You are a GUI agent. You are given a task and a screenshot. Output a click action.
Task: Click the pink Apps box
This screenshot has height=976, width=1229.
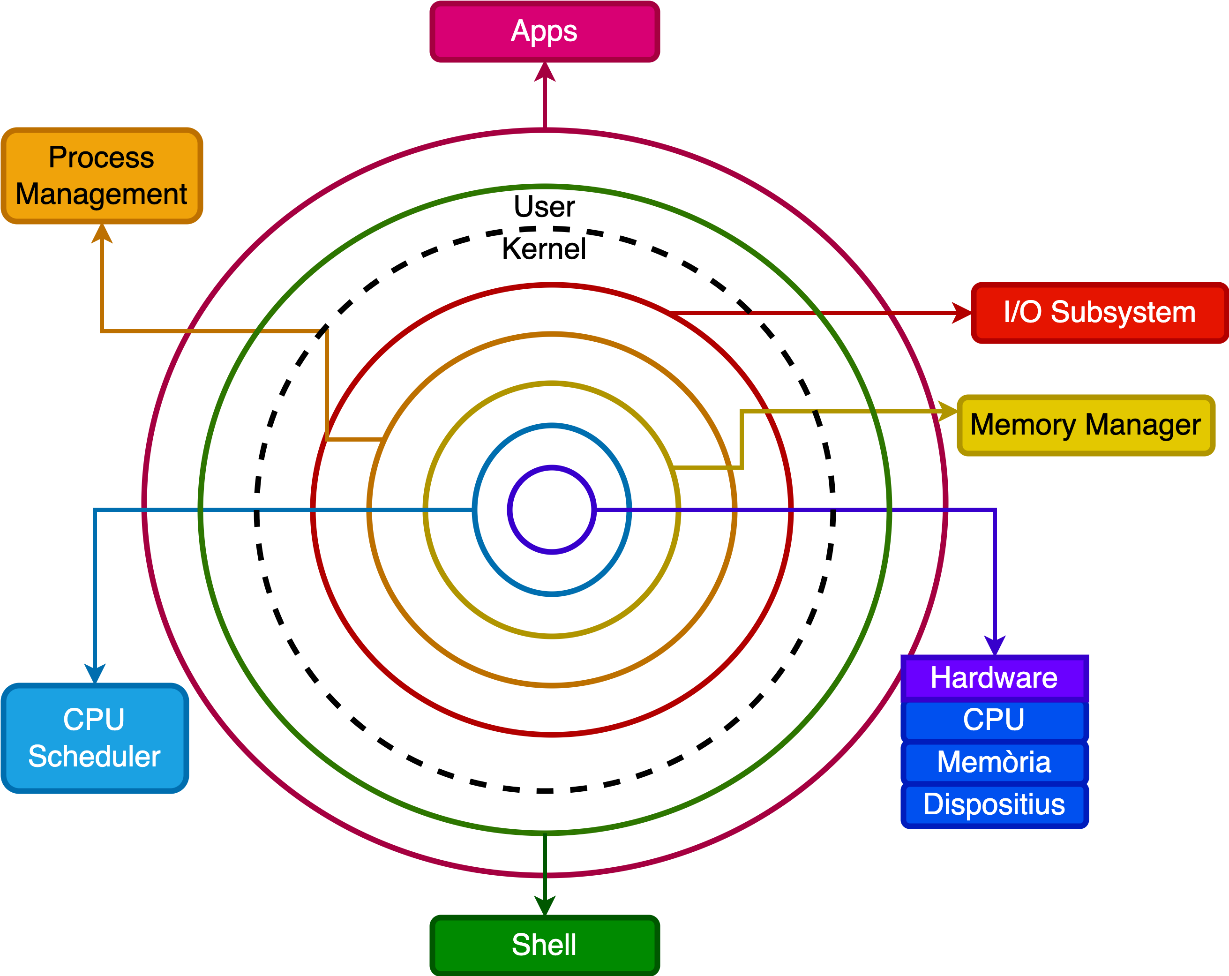(x=544, y=31)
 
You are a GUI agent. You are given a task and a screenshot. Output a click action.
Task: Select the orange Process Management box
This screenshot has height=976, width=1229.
(x=101, y=176)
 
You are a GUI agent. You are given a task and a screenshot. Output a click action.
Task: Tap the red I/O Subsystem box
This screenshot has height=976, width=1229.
(x=1099, y=312)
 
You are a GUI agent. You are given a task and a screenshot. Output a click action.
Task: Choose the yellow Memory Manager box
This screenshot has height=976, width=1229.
(x=1086, y=425)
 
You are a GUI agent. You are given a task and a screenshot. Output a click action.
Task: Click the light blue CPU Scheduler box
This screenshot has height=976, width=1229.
(x=95, y=738)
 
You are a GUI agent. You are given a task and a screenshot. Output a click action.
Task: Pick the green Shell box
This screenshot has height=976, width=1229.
(x=544, y=945)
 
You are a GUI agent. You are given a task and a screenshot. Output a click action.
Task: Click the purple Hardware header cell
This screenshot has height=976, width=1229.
(x=994, y=678)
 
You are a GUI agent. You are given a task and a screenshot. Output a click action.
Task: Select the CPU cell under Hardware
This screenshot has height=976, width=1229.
(x=994, y=720)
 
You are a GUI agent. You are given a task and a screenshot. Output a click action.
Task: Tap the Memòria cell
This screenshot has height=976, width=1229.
(x=994, y=762)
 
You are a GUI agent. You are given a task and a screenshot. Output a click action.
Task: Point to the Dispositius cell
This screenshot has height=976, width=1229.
(x=994, y=804)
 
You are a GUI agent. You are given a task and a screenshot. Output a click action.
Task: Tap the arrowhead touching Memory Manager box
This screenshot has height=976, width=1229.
(x=947, y=411)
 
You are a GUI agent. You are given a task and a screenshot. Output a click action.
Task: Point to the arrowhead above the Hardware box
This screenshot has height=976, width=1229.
(x=995, y=646)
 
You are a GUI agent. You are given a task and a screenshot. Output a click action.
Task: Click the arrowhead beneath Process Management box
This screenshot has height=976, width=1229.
(x=101, y=234)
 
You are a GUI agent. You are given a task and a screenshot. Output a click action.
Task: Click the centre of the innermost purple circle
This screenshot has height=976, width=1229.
(x=552, y=510)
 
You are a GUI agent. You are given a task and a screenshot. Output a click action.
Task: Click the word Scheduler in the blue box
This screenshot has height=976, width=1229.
(x=95, y=757)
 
